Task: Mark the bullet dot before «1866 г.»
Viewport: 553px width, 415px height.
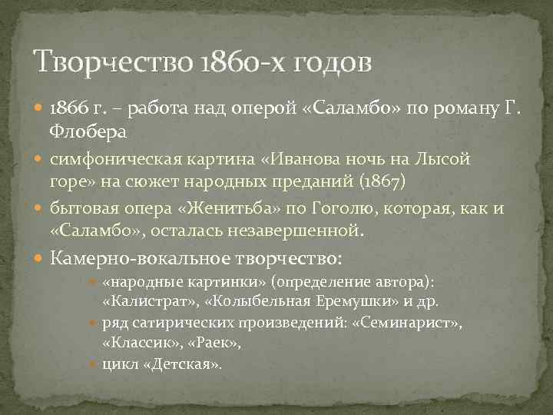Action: point(41,108)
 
